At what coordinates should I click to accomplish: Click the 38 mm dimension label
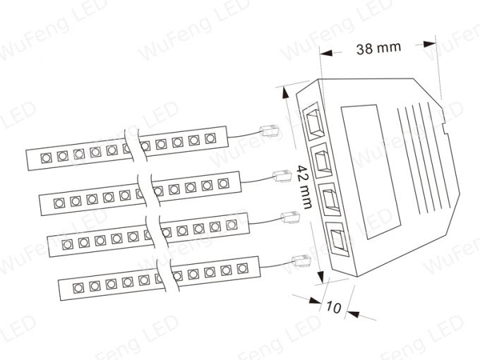378,49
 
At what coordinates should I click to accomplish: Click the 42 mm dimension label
305,187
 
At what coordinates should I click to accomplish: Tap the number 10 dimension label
333,307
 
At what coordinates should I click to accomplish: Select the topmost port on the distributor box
313,121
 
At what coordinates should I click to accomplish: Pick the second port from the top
322,160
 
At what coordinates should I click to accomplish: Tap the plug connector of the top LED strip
270,131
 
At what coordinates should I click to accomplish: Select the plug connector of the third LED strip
291,217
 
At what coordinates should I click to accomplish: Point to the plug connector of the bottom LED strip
301,260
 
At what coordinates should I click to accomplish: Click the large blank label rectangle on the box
371,172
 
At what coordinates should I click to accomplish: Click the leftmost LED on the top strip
46,158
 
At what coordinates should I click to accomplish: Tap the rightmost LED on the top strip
210,138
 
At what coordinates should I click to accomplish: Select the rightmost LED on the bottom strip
242,268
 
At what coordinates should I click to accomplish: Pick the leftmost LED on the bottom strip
78,288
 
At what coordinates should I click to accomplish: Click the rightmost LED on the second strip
224,184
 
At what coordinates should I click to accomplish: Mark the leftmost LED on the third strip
67,245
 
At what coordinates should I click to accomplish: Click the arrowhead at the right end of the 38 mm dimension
429,44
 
